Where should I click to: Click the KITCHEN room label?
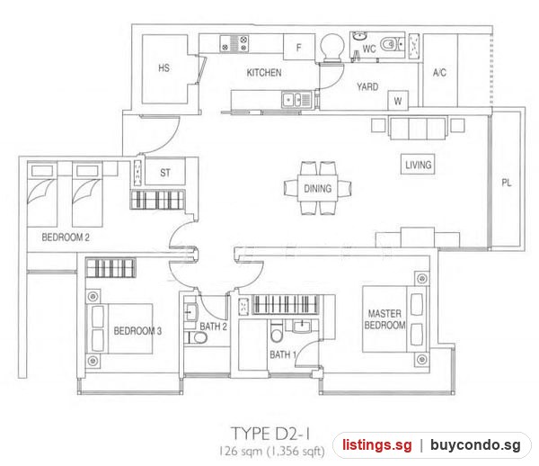[x=264, y=73]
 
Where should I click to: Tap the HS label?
[x=164, y=67]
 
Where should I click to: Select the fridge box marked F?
[x=299, y=47]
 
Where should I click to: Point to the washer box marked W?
[x=398, y=101]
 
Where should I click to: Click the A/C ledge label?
[x=439, y=73]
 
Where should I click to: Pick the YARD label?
[x=367, y=86]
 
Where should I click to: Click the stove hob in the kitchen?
[x=234, y=44]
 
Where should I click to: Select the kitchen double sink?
[x=296, y=100]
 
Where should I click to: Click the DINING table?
[x=318, y=189]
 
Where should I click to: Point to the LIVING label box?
[x=418, y=165]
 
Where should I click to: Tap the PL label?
[x=506, y=183]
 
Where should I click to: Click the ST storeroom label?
[x=165, y=173]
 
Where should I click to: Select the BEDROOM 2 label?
[x=66, y=237]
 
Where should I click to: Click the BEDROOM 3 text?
[x=137, y=331]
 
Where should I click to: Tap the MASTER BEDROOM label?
[x=384, y=319]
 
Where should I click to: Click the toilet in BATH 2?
[x=195, y=338]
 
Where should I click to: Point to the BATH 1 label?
[x=283, y=354]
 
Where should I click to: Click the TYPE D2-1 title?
[x=270, y=434]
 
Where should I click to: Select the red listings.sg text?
[x=376, y=444]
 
